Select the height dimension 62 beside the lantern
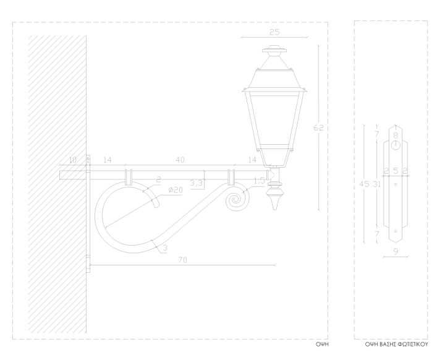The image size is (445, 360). [318, 128]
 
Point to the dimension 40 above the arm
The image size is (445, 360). [180, 160]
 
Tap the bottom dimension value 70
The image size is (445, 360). [183, 262]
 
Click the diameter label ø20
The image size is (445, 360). [176, 190]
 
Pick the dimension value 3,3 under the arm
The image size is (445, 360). [197, 183]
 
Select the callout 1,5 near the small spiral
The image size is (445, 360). [260, 181]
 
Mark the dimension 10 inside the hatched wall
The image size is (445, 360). [73, 160]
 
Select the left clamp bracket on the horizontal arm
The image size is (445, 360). [129, 176]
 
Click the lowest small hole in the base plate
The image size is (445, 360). [395, 233]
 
